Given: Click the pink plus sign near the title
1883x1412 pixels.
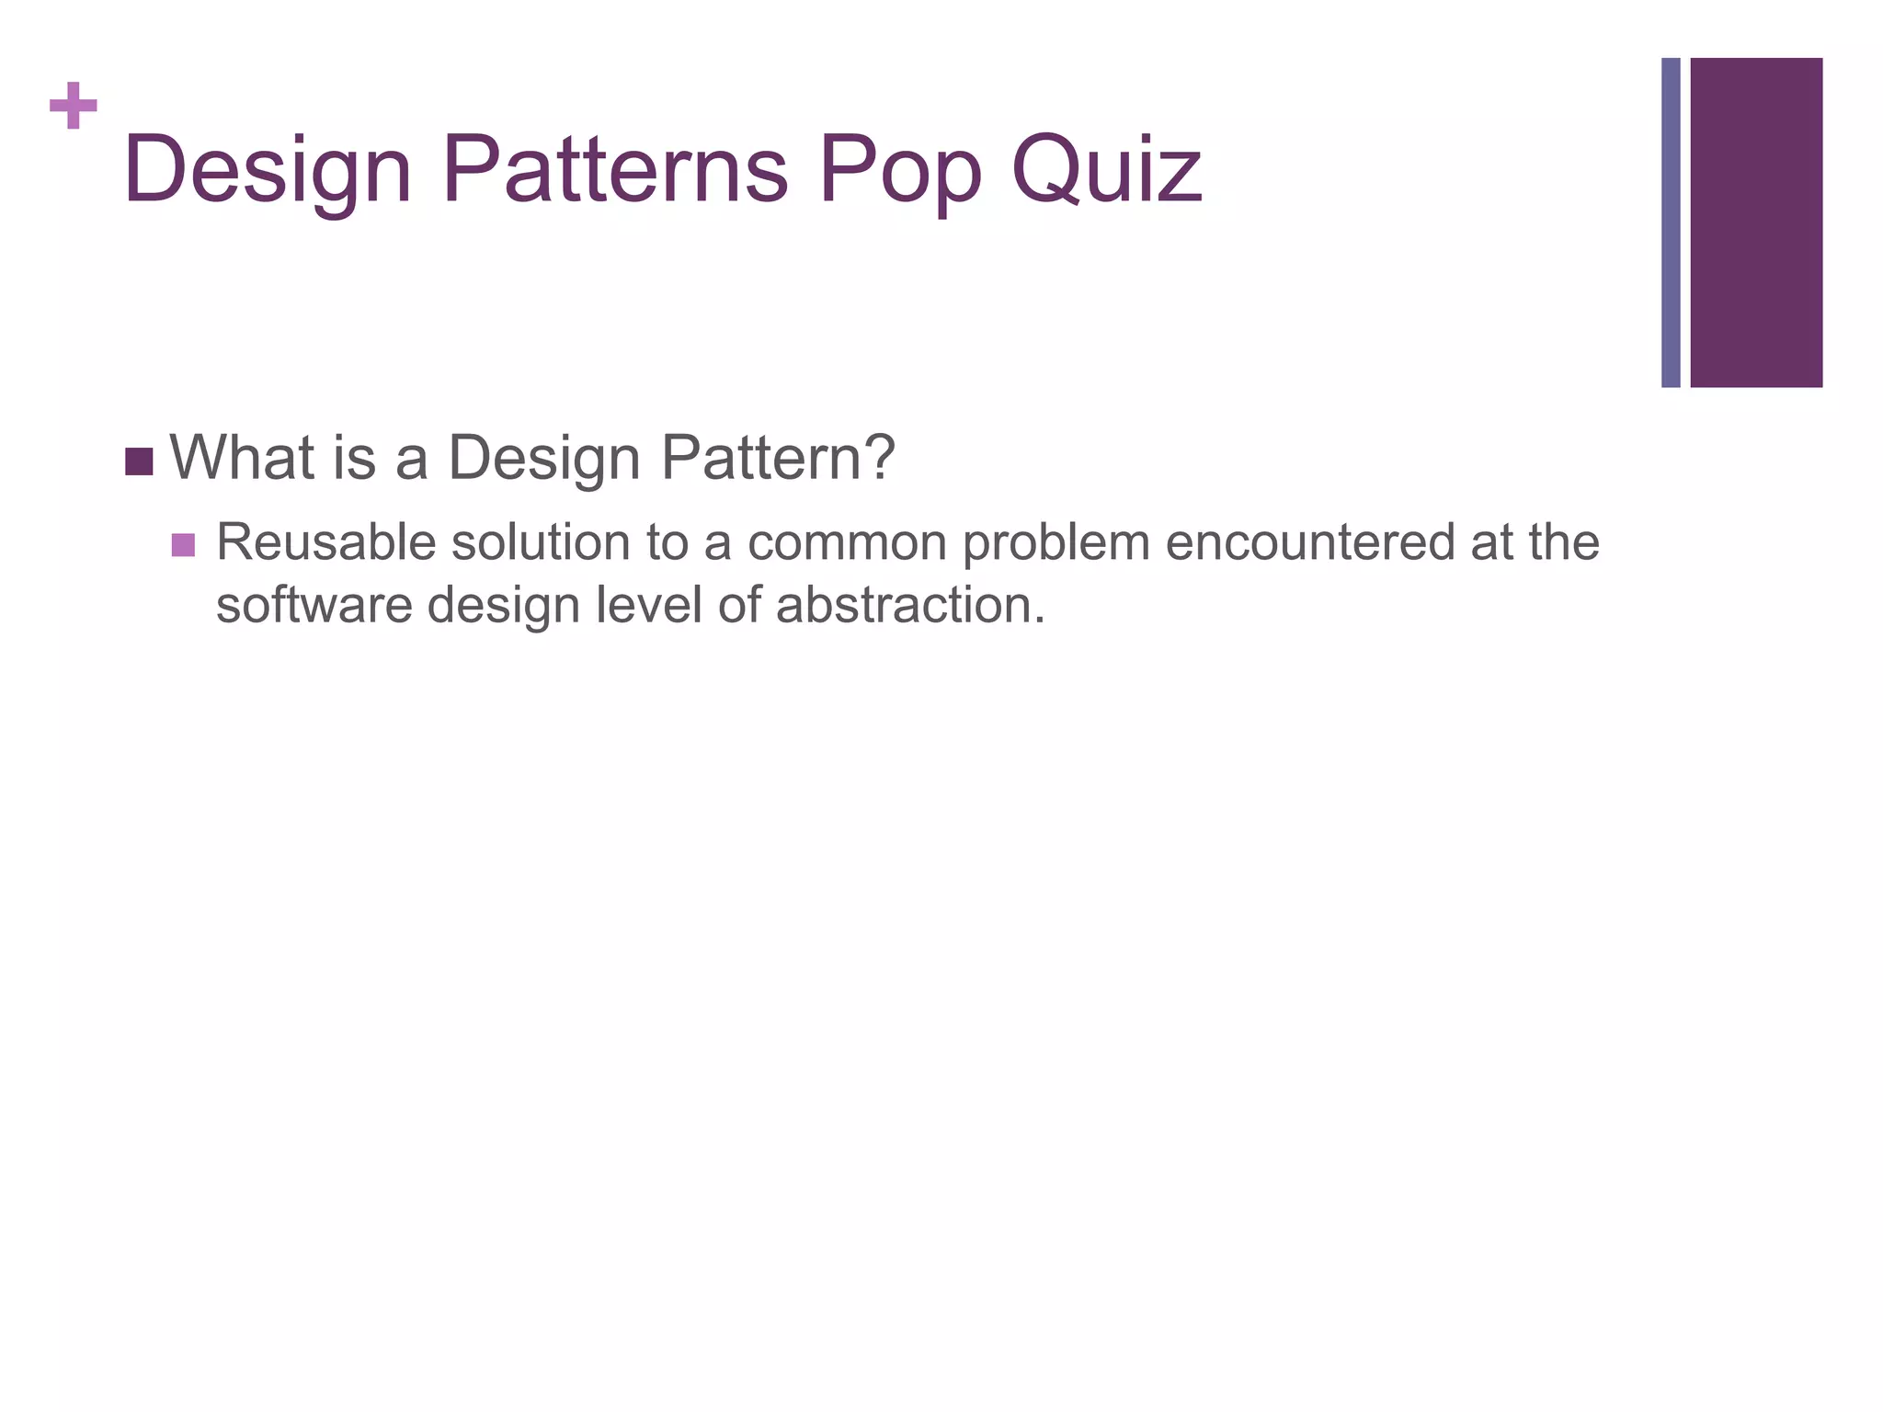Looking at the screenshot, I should point(74,107).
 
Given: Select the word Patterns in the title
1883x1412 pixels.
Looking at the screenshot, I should point(615,170).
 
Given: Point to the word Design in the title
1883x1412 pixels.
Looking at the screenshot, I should point(268,170).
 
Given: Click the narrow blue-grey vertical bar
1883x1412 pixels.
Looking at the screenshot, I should point(1671,222).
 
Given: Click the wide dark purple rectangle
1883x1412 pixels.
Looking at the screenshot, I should point(1756,222).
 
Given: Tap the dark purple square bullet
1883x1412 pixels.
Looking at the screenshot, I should point(139,461).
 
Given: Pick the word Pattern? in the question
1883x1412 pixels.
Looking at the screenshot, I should point(778,457).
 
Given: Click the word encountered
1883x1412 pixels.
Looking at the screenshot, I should point(1309,542).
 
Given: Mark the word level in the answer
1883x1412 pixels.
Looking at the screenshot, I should point(648,606).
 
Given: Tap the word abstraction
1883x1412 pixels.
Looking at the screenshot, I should point(910,606).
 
